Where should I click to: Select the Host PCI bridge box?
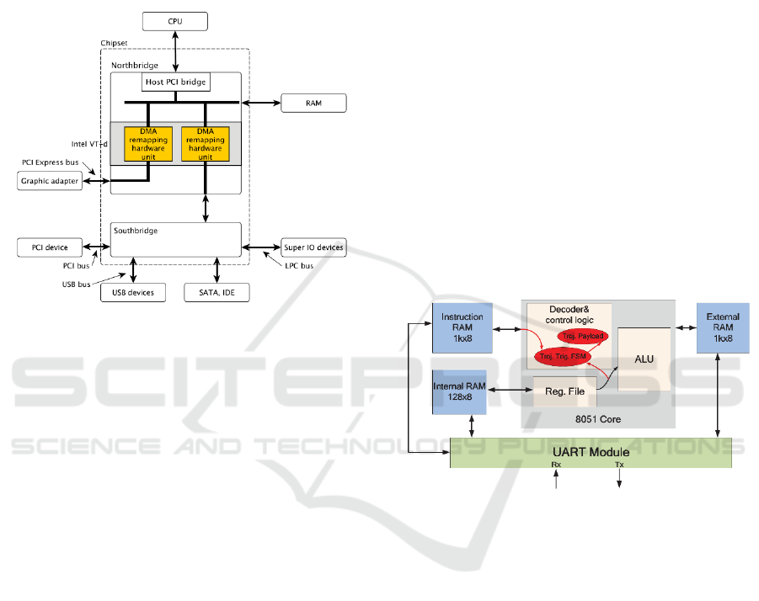[x=176, y=82]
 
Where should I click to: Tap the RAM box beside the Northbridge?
[x=313, y=104]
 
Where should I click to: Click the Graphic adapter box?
[x=50, y=181]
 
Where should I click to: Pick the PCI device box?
[x=50, y=247]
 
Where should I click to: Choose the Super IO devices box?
[x=313, y=247]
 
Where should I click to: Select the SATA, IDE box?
[x=217, y=292]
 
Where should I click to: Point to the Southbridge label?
[x=135, y=230]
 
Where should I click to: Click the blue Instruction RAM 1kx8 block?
[x=462, y=327]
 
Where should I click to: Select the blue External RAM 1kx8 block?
[x=723, y=327]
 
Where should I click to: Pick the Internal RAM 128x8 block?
[x=459, y=391]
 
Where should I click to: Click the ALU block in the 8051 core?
[x=643, y=359]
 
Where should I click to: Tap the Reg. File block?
[x=564, y=391]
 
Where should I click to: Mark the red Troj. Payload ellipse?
[x=582, y=336]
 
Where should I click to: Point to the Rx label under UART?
[x=556, y=465]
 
